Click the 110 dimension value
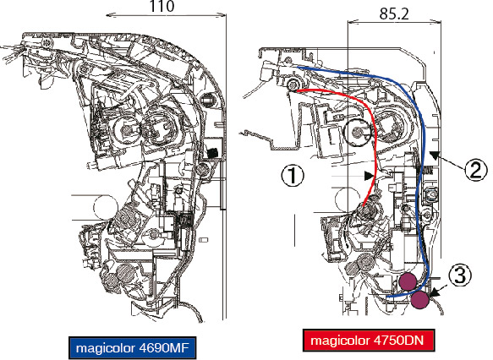point(162,6)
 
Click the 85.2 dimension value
point(394,14)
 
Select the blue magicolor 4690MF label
point(132,347)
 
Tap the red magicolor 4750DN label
point(369,341)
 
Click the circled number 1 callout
point(293,175)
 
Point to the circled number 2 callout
point(476,170)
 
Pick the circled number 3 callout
point(460,275)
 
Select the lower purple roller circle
point(420,300)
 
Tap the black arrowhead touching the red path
point(369,176)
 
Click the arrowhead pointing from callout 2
point(435,155)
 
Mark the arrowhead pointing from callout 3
point(433,293)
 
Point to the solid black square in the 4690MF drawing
point(212,153)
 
